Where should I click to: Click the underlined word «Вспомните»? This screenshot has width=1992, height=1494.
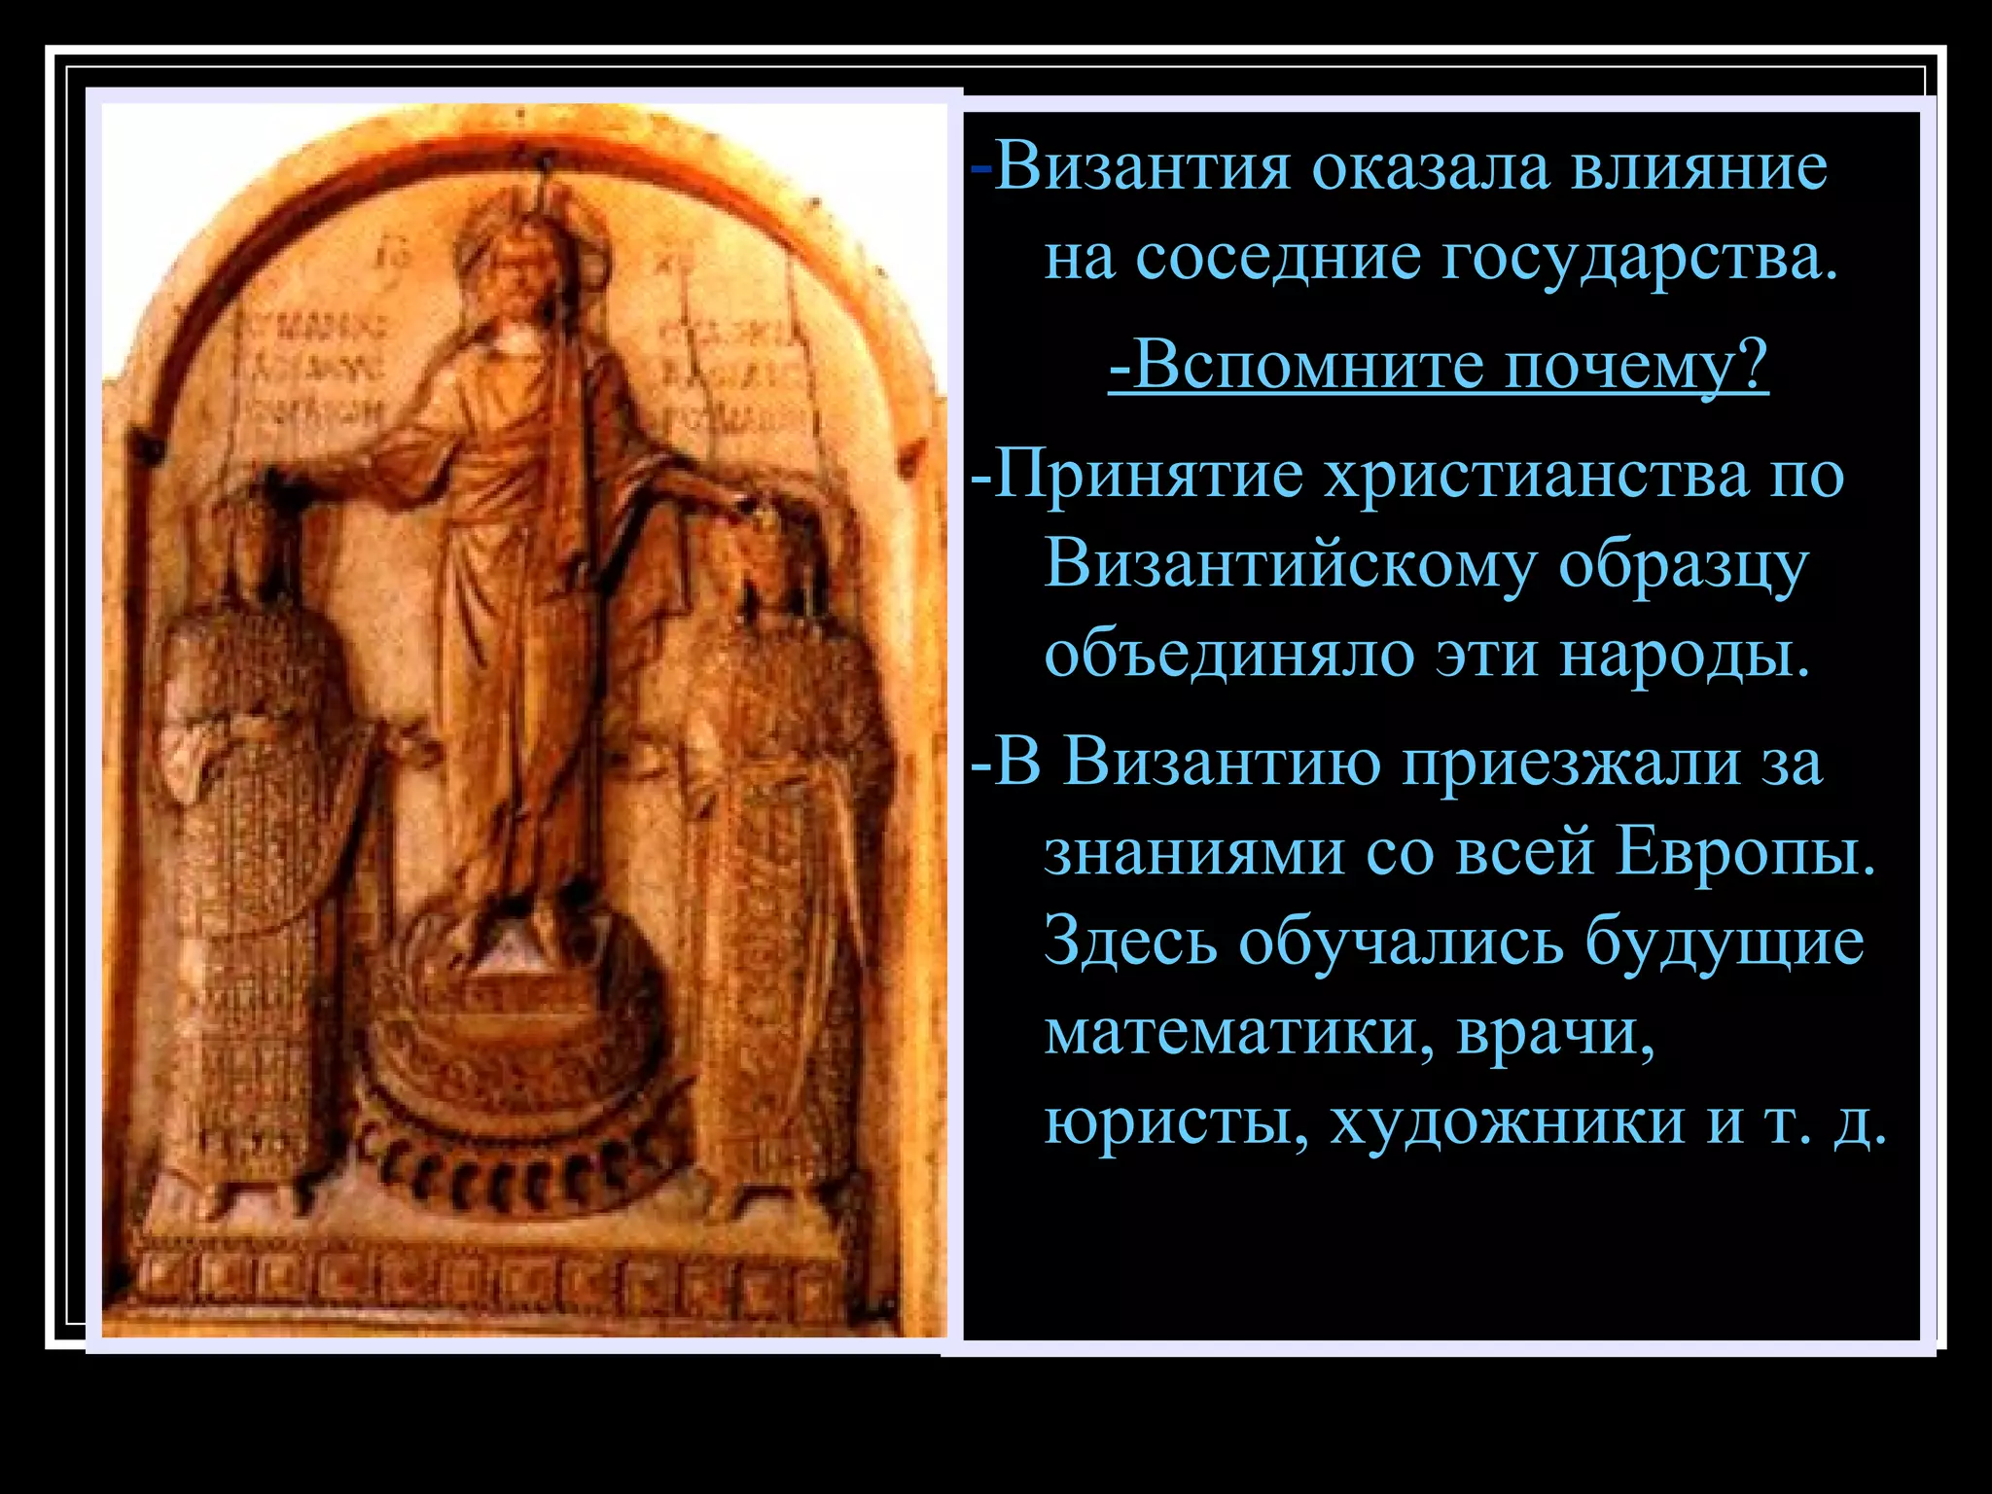1304,366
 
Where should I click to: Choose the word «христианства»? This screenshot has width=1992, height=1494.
1537,477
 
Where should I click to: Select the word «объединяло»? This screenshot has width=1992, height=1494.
1227,655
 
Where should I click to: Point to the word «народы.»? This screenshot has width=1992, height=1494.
1686,655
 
